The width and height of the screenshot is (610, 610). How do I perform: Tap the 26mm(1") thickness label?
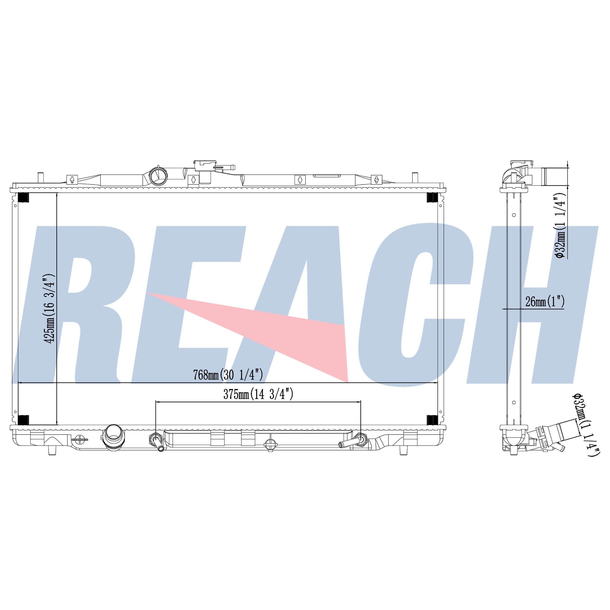(x=545, y=302)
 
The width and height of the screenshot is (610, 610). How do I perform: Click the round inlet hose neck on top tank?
(x=158, y=175)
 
